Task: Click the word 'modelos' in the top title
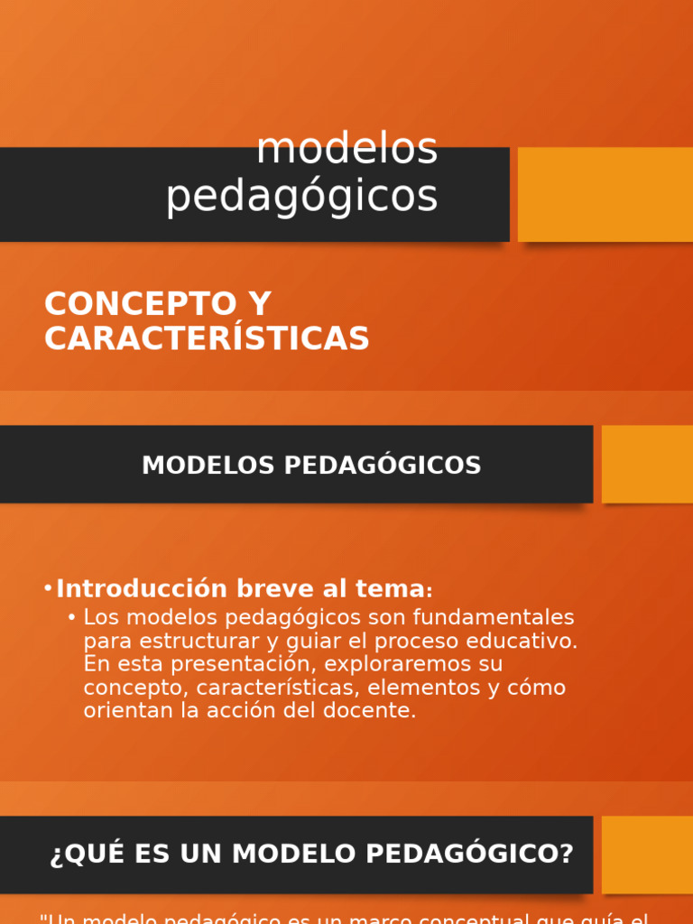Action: click(x=346, y=149)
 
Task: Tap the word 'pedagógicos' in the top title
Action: click(x=301, y=196)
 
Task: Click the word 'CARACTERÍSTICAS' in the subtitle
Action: click(x=207, y=338)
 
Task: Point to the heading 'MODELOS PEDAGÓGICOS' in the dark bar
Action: click(x=311, y=466)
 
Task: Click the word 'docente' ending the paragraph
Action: click(x=370, y=710)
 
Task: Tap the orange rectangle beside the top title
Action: click(x=605, y=194)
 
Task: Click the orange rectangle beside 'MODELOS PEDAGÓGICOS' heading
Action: click(x=647, y=464)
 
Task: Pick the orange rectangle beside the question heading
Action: click(x=647, y=855)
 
